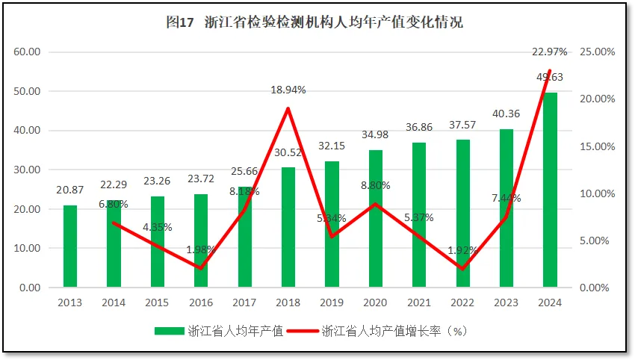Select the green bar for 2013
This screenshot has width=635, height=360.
[x=69, y=246]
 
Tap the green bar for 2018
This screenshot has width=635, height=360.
[x=288, y=228]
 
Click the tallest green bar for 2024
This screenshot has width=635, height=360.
[x=550, y=190]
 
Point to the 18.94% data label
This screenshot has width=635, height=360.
[x=288, y=90]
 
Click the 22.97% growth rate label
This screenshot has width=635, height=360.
[x=550, y=52]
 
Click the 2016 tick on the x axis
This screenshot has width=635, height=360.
[x=201, y=303]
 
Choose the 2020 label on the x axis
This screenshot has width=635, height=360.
[x=376, y=303]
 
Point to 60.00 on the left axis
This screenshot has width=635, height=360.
[x=26, y=52]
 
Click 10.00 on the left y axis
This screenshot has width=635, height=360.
[x=26, y=249]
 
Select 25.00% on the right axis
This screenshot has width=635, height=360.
[x=598, y=52]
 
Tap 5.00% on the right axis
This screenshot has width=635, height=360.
[x=598, y=241]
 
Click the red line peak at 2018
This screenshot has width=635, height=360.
[x=288, y=109]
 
